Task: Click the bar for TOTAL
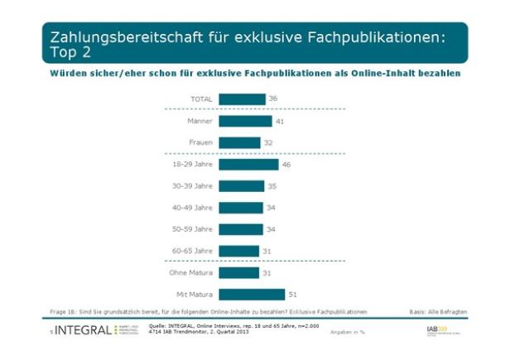coord(242,99)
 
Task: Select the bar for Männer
coord(245,121)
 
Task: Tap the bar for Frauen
coord(239,142)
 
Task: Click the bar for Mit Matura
coord(252,294)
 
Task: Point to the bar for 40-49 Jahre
coord(241,208)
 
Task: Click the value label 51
coord(291,294)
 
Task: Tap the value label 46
coord(286,165)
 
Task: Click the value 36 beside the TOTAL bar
coord(273,99)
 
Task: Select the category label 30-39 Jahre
coord(193,186)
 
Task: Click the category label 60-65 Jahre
coord(193,251)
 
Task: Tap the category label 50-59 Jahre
coord(193,229)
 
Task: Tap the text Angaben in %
coord(348,333)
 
